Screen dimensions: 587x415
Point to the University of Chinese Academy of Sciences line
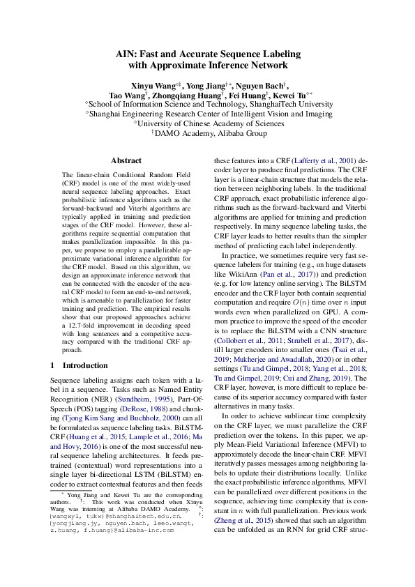coord(206,123)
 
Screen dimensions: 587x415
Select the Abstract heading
coord(126,160)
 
